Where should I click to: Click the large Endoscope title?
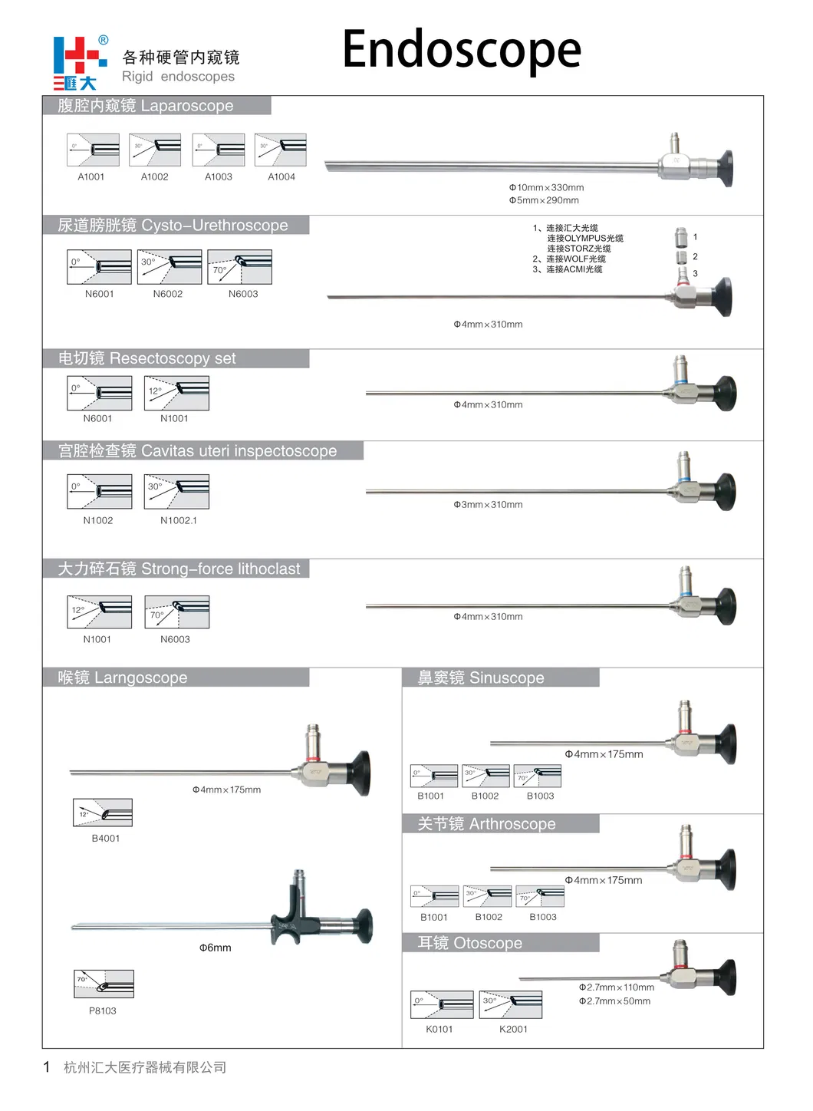tap(461, 50)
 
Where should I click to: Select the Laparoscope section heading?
tap(146, 106)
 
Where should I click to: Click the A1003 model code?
tap(218, 177)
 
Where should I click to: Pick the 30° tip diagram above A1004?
tap(281, 150)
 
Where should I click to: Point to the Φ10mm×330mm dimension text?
tap(546, 187)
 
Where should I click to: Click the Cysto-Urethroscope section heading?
tap(173, 226)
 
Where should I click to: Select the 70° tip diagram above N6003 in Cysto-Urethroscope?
tap(240, 267)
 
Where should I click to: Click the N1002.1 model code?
tap(178, 521)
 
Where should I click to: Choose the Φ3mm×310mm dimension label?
tap(488, 505)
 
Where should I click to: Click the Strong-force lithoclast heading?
tap(179, 569)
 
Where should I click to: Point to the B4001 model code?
tap(106, 839)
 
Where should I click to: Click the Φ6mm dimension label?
tap(216, 948)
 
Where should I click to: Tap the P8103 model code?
tap(103, 1011)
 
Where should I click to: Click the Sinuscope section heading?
tap(481, 678)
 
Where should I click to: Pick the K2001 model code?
tap(513, 1030)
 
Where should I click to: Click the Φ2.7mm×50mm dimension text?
tap(614, 1001)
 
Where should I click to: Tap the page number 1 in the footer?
tap(47, 1067)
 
